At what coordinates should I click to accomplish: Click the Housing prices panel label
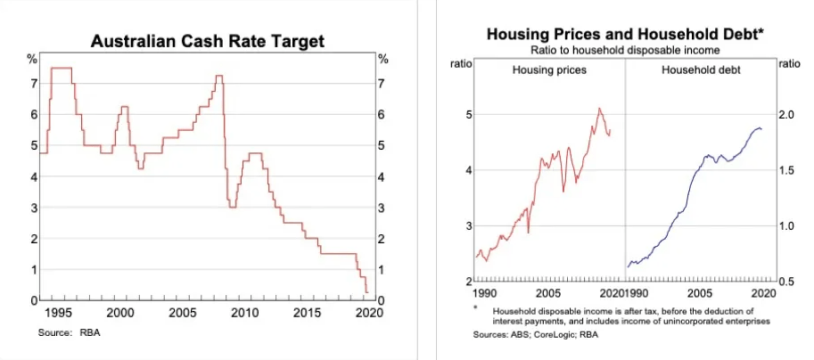(549, 70)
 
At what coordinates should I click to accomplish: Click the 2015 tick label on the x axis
(306, 314)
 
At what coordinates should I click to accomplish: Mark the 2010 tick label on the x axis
(244, 314)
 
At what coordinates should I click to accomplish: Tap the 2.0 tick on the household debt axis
(787, 115)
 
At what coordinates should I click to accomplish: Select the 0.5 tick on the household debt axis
(787, 282)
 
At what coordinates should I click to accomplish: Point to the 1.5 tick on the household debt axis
(787, 170)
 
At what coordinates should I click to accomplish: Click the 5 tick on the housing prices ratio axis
(465, 115)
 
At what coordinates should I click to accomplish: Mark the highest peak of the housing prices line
(599, 109)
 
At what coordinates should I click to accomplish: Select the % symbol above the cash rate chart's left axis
(31, 59)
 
